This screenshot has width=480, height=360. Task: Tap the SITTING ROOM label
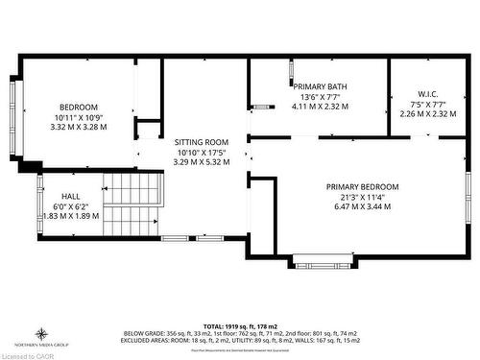201,141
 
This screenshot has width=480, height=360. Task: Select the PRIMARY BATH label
319,86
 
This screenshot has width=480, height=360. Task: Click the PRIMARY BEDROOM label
362,186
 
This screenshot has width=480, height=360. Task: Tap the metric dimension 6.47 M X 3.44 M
362,206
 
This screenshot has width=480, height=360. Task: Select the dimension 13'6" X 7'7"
319,96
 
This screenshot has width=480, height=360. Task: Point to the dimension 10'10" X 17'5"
201,152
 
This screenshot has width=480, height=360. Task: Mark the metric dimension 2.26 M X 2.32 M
427,113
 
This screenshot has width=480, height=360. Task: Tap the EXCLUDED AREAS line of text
240,340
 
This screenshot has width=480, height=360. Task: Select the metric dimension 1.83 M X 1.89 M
71,216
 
